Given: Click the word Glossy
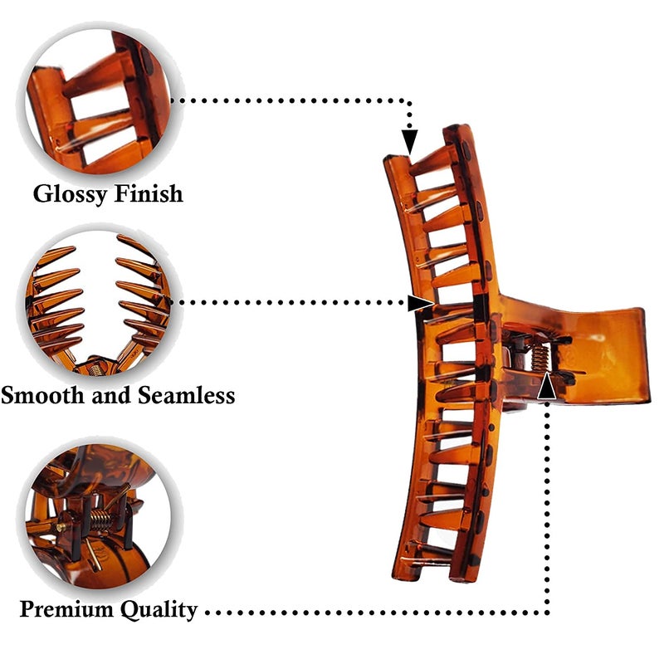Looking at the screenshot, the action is (70, 194).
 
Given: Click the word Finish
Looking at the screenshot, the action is (149, 193).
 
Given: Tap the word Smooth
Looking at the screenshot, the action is (42, 395).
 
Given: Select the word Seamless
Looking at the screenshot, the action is (186, 395).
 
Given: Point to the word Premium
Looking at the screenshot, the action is (67, 609).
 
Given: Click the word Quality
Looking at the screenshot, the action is (159, 610).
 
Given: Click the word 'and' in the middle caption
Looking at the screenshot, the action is (111, 395).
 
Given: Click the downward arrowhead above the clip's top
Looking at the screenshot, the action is (409, 142).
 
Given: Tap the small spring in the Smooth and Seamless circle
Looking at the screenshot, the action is (95, 369).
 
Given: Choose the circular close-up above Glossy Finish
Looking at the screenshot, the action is (98, 100).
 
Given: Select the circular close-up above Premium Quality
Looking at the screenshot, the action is (98, 515).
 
